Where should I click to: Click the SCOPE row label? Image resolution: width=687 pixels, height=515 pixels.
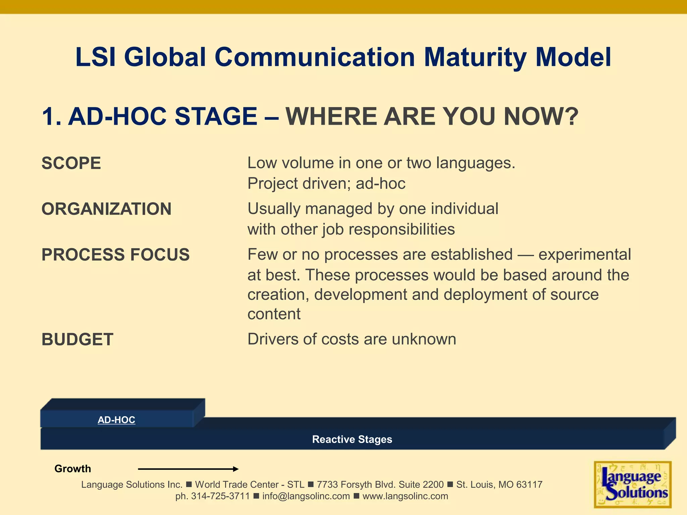pyautogui.click(x=71, y=163)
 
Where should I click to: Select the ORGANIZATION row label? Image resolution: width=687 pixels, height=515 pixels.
pyautogui.click(x=106, y=209)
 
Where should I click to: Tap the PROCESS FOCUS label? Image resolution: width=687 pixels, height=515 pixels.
pyautogui.click(x=115, y=254)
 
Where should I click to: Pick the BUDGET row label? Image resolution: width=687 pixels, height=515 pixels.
pyautogui.click(x=77, y=339)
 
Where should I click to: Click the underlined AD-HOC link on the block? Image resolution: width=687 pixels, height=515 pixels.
pyautogui.click(x=116, y=420)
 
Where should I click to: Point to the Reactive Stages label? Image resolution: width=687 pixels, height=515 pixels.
pyautogui.click(x=352, y=439)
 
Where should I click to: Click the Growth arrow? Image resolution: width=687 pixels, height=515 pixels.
pyautogui.click(x=188, y=469)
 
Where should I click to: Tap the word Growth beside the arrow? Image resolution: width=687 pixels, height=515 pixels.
pyautogui.click(x=72, y=469)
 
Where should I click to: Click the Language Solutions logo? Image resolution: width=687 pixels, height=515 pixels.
pyautogui.click(x=632, y=484)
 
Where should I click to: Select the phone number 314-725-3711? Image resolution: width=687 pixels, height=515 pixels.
pyautogui.click(x=220, y=496)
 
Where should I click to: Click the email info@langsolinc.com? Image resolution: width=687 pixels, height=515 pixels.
pyautogui.click(x=306, y=496)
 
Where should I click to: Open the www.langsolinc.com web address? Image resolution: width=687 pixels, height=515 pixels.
pyautogui.click(x=405, y=496)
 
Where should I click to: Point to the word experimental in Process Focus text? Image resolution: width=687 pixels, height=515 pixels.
pyautogui.click(x=585, y=254)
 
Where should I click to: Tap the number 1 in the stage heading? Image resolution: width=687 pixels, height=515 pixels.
pyautogui.click(x=49, y=116)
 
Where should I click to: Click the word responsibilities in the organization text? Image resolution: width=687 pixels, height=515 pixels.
pyautogui.click(x=402, y=229)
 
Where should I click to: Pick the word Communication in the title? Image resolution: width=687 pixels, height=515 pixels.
pyautogui.click(x=315, y=58)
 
